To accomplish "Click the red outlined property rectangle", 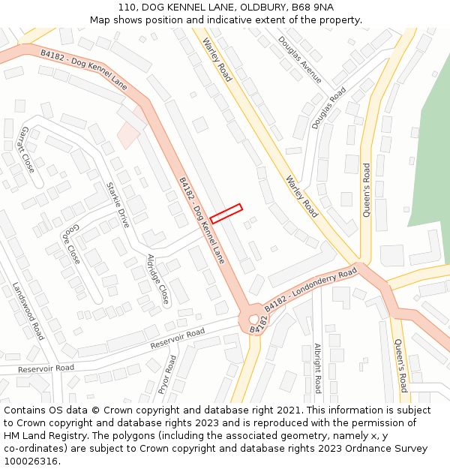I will pos(226,214).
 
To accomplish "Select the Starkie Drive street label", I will pos(118,205).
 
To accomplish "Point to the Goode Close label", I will pos(70,243).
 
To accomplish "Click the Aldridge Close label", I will pos(158,279).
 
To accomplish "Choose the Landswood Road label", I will pos(28,310).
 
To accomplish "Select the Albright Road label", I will pos(317,368).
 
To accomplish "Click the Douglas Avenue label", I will pos(299,60).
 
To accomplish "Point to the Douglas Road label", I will pos(328,107).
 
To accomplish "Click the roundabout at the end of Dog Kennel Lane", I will pos(253,319).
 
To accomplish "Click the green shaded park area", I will pos(431,165).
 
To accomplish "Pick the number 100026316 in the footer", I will pos(29,461).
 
